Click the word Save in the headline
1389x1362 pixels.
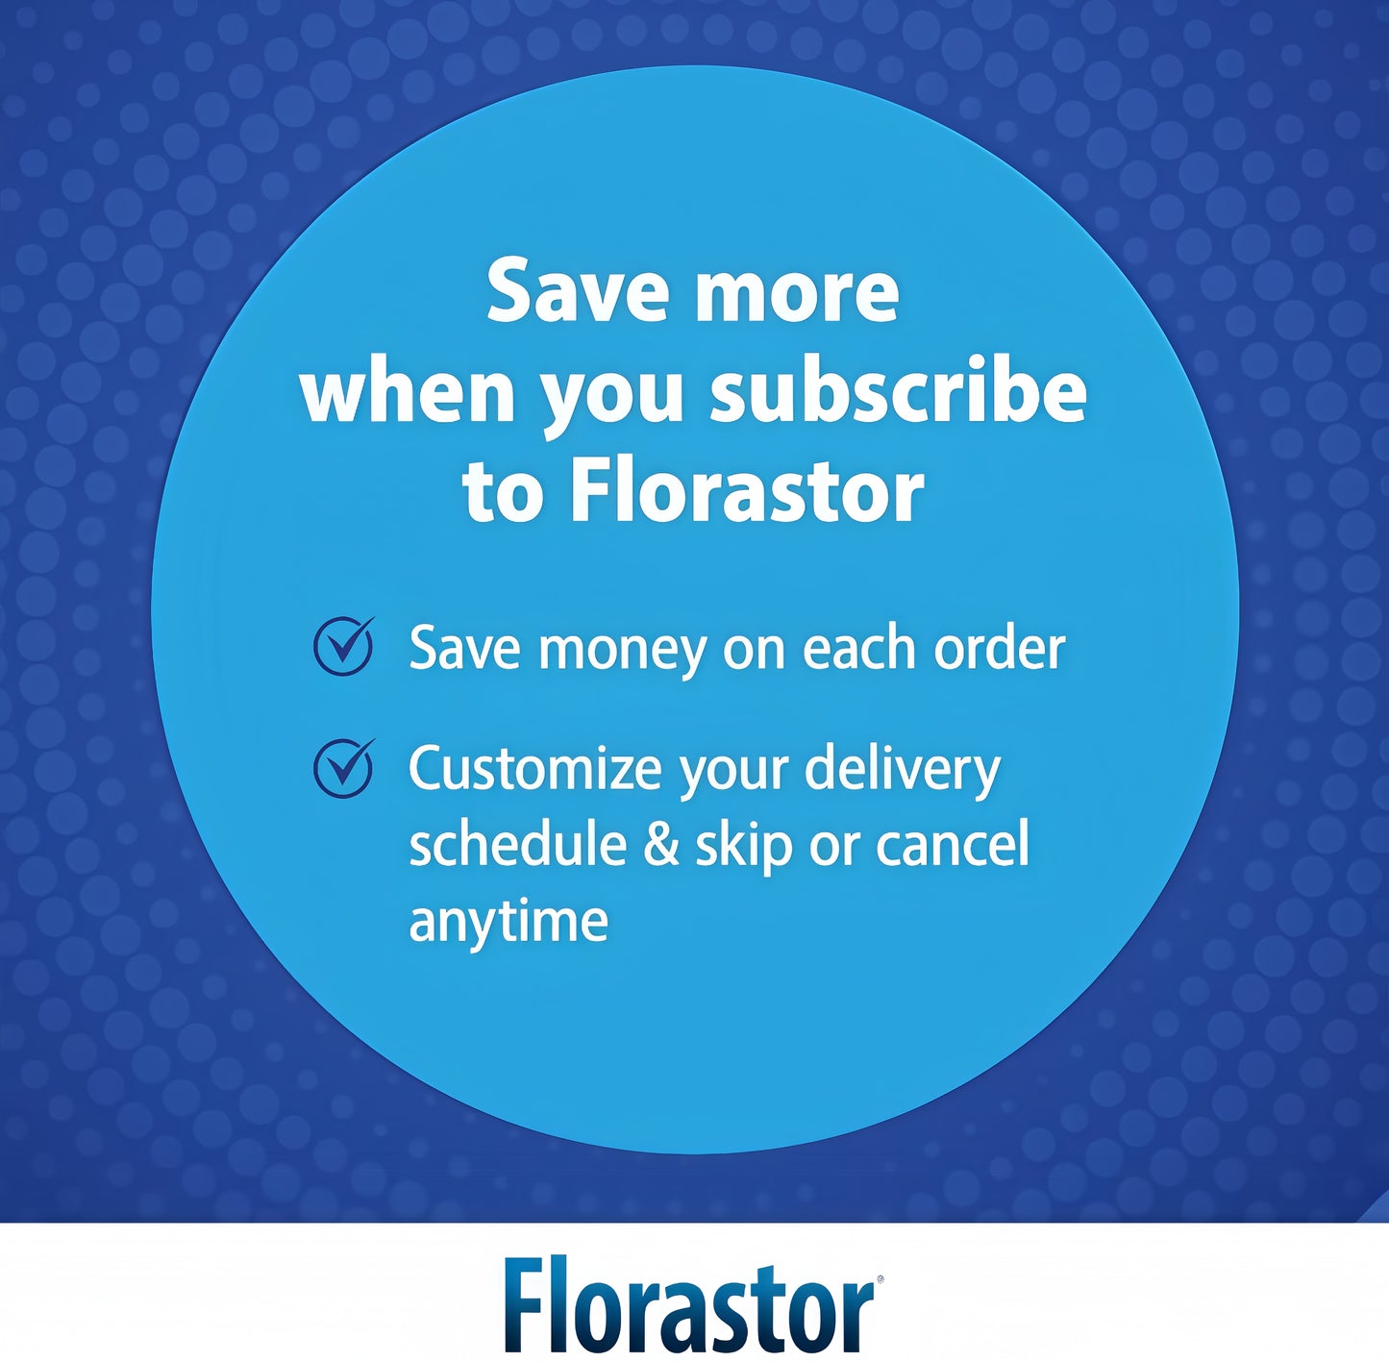click(x=577, y=290)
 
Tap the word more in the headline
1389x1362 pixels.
click(x=797, y=292)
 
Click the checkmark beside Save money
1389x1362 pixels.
click(x=344, y=647)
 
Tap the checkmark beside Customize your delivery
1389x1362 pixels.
click(x=344, y=768)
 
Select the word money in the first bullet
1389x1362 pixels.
click(x=622, y=650)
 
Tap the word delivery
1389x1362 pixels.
click(x=903, y=769)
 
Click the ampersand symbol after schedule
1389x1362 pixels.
click(x=661, y=844)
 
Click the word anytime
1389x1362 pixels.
click(x=508, y=921)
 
